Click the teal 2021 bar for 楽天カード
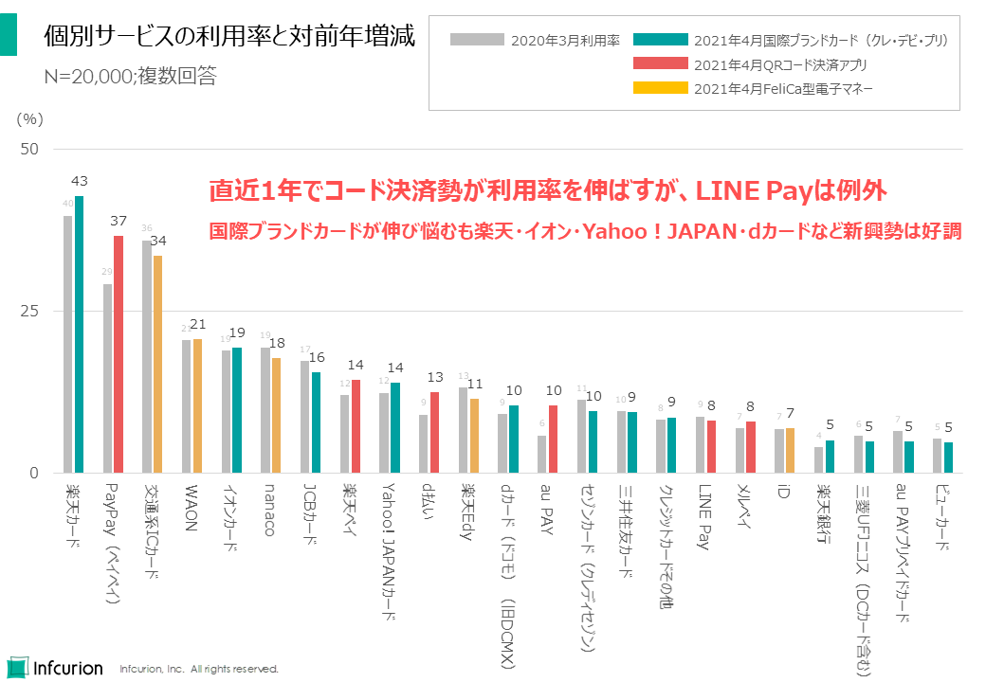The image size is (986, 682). pyautogui.click(x=80, y=334)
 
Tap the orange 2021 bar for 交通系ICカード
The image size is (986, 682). pyautogui.click(x=158, y=364)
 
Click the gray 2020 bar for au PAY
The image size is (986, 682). pyautogui.click(x=541, y=454)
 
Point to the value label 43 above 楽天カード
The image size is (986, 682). pyautogui.click(x=80, y=181)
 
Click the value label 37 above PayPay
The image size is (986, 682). pyautogui.click(x=119, y=221)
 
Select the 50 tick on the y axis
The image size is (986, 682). pyautogui.click(x=29, y=150)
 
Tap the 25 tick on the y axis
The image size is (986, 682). pyautogui.click(x=29, y=312)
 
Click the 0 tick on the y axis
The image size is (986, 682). pyautogui.click(x=33, y=474)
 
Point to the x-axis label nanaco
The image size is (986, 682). pyautogui.click(x=269, y=511)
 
